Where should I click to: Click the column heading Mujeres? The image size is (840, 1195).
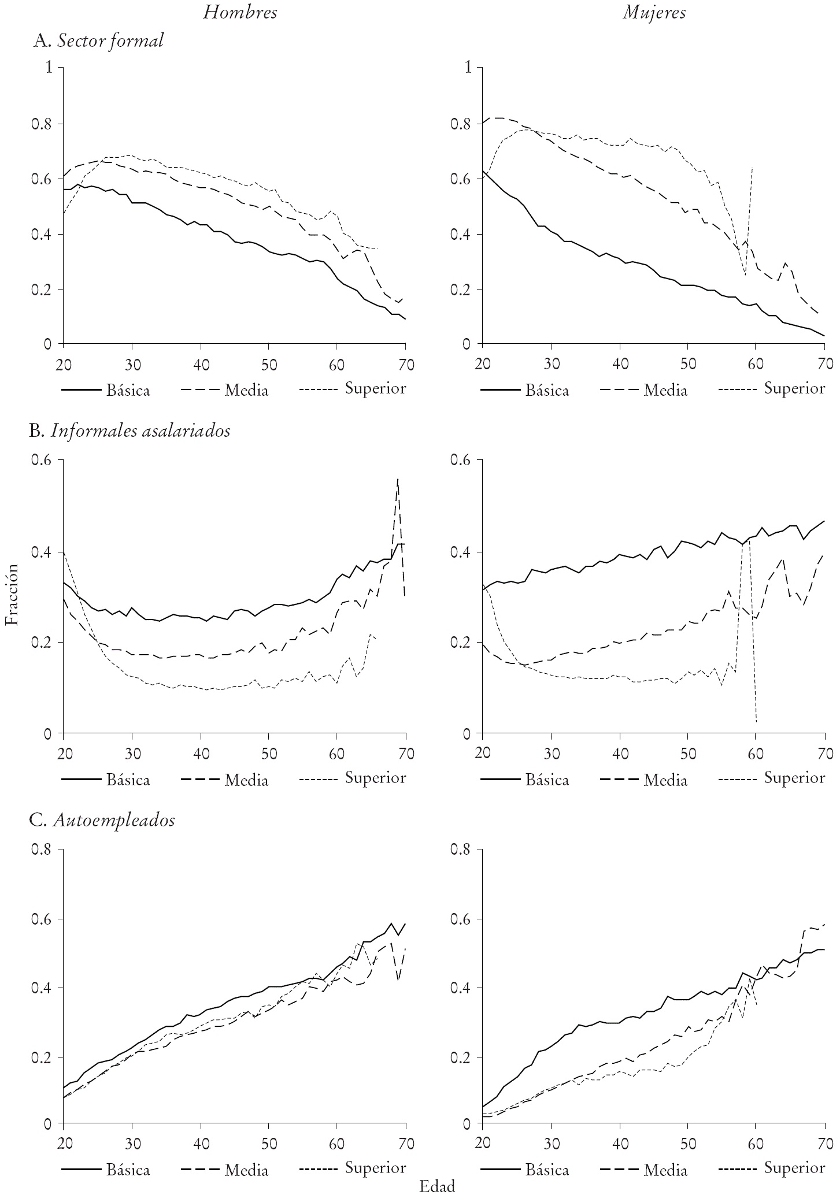[x=654, y=13]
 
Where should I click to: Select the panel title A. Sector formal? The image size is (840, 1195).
[x=99, y=40]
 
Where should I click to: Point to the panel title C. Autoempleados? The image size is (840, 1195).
[x=104, y=821]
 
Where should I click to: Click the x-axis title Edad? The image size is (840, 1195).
[x=437, y=1186]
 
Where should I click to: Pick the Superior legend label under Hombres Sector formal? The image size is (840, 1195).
[x=375, y=389]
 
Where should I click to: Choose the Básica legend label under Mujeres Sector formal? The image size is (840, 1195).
[x=547, y=390]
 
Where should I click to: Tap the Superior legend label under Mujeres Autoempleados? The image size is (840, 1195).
[x=794, y=1168]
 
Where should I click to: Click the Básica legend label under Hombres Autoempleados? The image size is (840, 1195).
[x=128, y=1170]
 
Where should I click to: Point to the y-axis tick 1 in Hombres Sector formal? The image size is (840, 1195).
[x=50, y=68]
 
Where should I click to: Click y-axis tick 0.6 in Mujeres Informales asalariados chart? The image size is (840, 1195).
[x=461, y=461]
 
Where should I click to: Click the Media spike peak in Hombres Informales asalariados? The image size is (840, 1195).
[x=398, y=479]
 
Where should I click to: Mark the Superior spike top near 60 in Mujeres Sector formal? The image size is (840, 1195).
[x=752, y=168]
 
